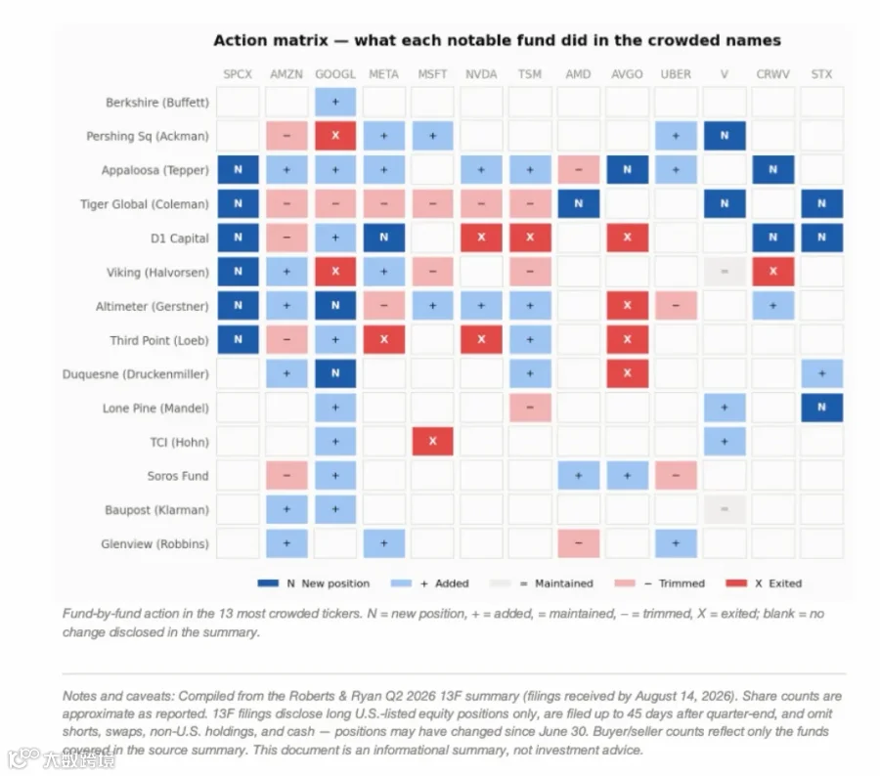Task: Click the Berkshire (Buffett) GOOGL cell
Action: click(x=335, y=102)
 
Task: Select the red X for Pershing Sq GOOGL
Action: click(x=335, y=136)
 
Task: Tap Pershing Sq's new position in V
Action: click(x=725, y=136)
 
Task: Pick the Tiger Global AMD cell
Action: click(x=579, y=203)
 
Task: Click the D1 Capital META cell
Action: click(x=384, y=237)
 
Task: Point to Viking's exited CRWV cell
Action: click(x=773, y=272)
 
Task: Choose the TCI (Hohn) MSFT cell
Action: click(x=433, y=442)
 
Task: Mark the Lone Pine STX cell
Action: click(x=821, y=408)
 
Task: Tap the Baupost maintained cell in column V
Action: click(x=725, y=509)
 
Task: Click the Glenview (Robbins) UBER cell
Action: click(x=676, y=543)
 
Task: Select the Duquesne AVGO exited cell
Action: click(x=628, y=373)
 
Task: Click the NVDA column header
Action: click(x=481, y=74)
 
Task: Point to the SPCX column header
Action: click(x=238, y=74)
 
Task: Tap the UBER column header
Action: click(x=676, y=74)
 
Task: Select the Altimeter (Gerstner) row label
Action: click(x=153, y=306)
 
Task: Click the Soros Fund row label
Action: click(x=178, y=476)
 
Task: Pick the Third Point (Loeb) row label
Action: click(x=159, y=340)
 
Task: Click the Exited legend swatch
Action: click(x=736, y=583)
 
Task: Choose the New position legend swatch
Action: click(x=268, y=583)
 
